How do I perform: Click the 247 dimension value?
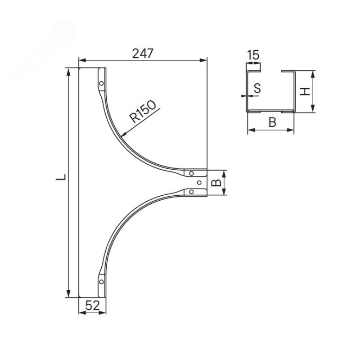[143, 54]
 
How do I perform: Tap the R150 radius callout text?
[143, 112]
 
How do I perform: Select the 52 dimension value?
[93, 306]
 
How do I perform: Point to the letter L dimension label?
[61, 177]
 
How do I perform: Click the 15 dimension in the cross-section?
[253, 55]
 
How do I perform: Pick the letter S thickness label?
[257, 88]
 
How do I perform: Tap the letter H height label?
[306, 91]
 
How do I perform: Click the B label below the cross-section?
[273, 122]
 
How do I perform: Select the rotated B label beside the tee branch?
[216, 183]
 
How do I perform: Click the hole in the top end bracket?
[101, 83]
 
